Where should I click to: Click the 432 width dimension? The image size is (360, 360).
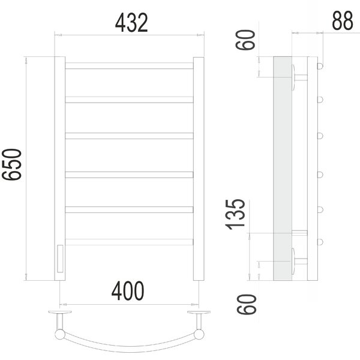point(131,23)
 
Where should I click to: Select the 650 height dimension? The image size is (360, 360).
point(12,164)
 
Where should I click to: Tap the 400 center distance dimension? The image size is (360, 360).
point(128,291)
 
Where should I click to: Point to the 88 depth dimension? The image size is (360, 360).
point(343,20)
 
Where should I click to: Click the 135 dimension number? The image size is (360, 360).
point(235,215)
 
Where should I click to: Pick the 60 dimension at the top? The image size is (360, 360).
point(245,40)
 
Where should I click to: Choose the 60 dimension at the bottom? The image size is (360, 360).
point(247,304)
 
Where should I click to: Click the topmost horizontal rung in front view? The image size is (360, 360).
point(129,65)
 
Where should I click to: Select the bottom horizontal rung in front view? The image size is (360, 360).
point(129,242)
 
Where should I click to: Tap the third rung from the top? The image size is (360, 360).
point(129,136)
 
